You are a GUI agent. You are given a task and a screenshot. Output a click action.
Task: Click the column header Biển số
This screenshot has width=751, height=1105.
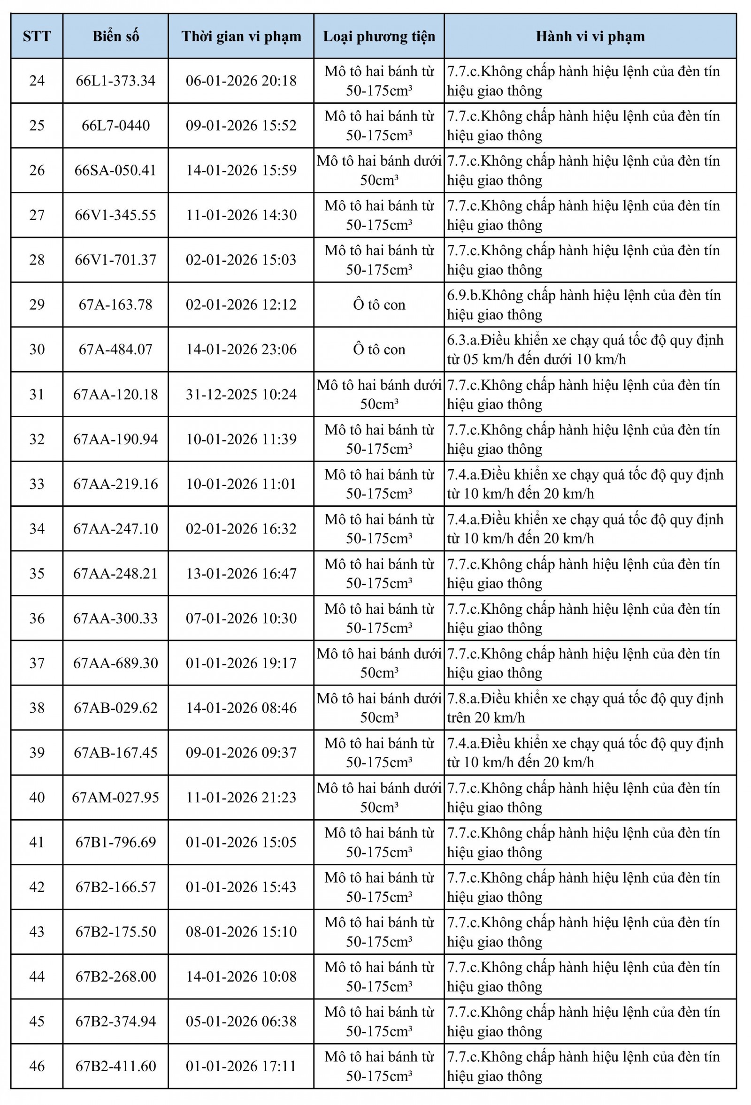click(115, 37)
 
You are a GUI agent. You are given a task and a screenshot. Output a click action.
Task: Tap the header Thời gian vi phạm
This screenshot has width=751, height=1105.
click(241, 37)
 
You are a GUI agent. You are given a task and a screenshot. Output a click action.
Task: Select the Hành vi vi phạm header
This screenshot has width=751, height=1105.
click(590, 37)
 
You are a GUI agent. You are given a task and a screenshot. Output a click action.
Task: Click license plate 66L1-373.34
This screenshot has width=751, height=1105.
click(115, 81)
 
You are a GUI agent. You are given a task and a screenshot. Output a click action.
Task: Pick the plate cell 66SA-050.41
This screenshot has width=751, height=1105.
click(115, 170)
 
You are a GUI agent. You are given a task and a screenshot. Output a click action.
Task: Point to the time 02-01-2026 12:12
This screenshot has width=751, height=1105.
click(241, 305)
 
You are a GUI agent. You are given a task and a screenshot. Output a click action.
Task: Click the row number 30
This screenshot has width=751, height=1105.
click(37, 350)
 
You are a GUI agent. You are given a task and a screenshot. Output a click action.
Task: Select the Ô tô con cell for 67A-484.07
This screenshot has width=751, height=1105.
click(379, 350)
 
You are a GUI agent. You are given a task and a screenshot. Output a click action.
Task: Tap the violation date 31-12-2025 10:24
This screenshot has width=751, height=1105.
click(241, 394)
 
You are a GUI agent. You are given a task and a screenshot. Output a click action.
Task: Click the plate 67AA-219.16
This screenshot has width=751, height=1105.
click(115, 484)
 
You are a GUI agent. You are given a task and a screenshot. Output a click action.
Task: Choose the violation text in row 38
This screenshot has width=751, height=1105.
click(585, 708)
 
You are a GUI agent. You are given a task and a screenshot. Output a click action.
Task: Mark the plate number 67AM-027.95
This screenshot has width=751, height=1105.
click(115, 797)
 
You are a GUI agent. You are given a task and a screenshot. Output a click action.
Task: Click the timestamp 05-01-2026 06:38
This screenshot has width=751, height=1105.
click(241, 1021)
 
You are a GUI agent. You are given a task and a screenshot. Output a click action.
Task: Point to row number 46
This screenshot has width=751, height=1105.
click(37, 1066)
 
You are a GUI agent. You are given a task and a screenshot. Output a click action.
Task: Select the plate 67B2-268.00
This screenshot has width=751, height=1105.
click(115, 976)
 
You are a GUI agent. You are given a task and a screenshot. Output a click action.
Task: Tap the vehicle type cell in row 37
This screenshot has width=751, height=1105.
click(379, 663)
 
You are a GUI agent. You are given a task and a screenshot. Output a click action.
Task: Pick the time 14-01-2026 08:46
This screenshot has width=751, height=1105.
click(241, 708)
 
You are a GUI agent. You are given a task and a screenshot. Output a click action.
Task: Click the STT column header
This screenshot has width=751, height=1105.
click(37, 37)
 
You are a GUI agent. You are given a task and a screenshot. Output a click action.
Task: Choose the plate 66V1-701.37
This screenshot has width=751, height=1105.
click(115, 260)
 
